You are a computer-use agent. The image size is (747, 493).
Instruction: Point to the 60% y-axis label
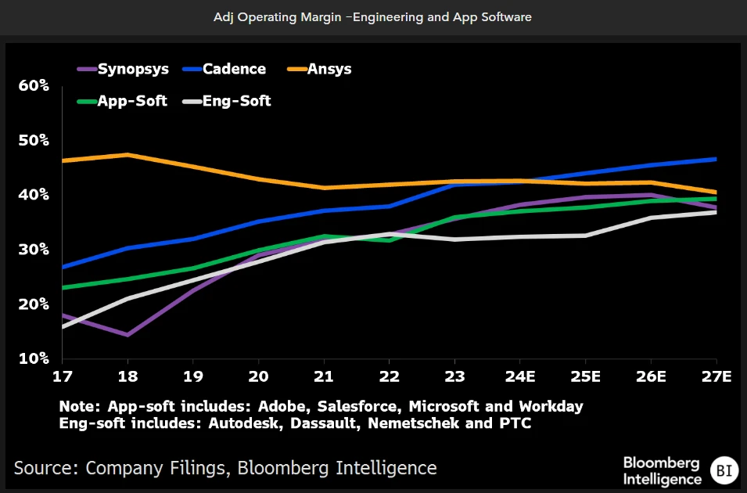[34, 85]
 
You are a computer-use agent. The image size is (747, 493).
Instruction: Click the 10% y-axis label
[34, 358]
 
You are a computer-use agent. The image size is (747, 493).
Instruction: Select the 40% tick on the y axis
[34, 194]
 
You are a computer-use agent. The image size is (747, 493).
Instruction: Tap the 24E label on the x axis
[519, 376]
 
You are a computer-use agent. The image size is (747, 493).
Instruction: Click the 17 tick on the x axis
[62, 376]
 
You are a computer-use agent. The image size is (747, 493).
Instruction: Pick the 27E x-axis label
[716, 376]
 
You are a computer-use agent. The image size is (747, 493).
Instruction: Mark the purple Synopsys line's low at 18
[127, 335]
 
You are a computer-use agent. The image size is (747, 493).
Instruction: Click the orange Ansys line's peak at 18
[127, 154]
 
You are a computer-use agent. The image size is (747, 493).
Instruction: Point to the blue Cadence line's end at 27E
[716, 159]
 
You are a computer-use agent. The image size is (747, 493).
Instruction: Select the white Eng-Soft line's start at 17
[63, 326]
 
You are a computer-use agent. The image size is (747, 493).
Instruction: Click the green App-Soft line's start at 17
[63, 287]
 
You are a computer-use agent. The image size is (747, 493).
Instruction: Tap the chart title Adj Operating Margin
[372, 16]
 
